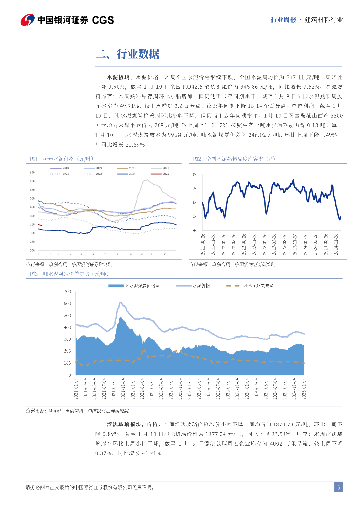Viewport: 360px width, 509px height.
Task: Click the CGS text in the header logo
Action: (x=103, y=20)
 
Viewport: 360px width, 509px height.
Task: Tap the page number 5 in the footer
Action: (x=338, y=487)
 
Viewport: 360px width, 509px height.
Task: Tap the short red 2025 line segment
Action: (x=40, y=225)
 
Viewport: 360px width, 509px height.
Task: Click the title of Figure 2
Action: (x=234, y=159)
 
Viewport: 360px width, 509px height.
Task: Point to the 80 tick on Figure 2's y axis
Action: (x=195, y=175)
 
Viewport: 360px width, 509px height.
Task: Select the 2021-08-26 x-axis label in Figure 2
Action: (x=203, y=242)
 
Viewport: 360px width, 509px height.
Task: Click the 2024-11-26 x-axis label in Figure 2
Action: (x=337, y=242)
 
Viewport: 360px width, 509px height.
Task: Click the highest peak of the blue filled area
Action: (x=121, y=318)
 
